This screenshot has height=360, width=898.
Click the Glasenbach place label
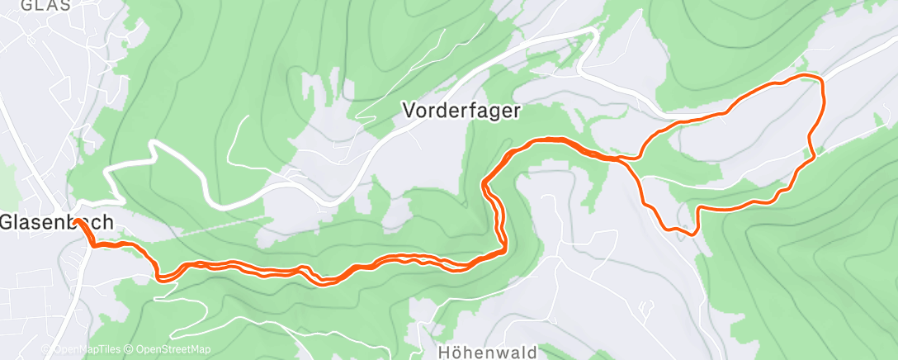point(56,222)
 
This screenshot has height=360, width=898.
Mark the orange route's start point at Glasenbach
point(77,221)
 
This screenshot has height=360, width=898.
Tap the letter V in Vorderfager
point(408,108)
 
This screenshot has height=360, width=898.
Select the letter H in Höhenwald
point(434,350)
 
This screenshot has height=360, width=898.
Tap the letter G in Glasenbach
point(7,222)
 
